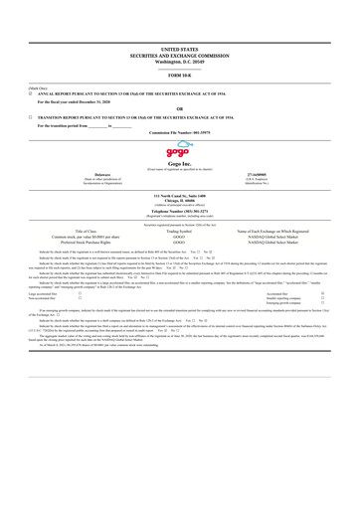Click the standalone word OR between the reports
[179, 107]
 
